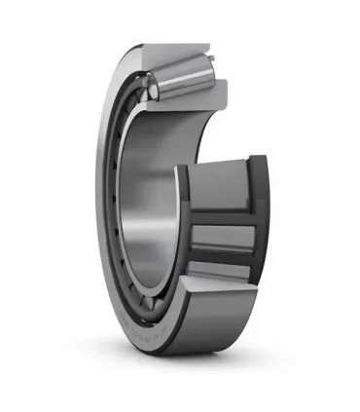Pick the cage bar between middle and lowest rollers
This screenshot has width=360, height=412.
pos(226,260)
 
